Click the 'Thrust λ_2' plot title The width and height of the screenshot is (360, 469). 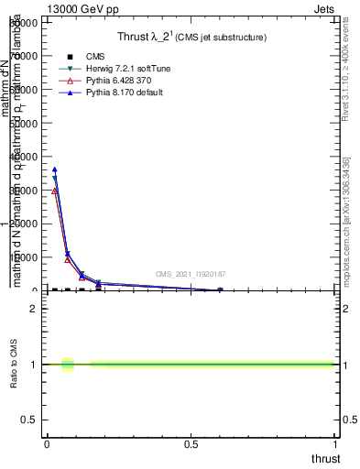151,38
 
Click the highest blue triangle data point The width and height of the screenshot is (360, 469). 55,169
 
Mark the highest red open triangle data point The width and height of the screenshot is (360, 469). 55,191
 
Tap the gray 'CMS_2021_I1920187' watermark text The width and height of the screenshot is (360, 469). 190,274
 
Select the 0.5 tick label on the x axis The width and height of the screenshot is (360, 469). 191,444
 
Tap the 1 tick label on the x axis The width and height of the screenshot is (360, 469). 336,444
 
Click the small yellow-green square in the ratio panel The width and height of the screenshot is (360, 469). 68,365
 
